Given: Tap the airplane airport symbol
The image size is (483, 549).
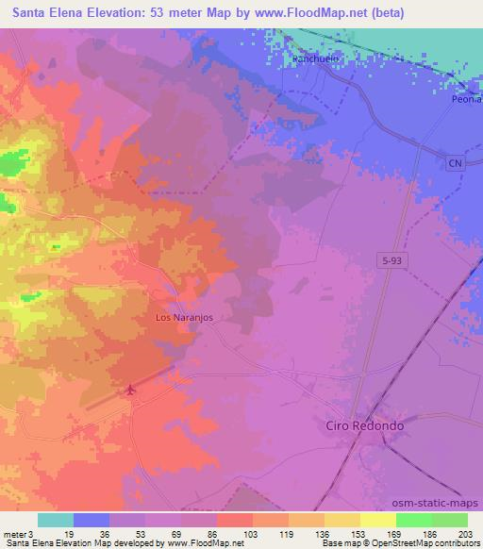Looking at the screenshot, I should pos(129,389).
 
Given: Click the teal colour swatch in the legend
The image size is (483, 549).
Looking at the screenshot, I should pos(56,520).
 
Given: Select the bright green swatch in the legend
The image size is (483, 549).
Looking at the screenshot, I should pos(413,520).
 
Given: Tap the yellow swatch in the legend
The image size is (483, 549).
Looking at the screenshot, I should pos(377,520).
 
